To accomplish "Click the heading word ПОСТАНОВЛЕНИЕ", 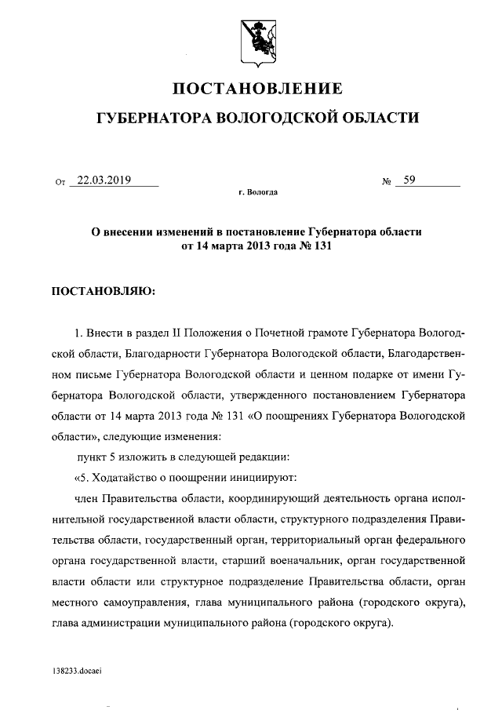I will click(x=256, y=87).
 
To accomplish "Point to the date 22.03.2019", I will click(x=100, y=180).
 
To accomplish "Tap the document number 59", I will click(x=409, y=180).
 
